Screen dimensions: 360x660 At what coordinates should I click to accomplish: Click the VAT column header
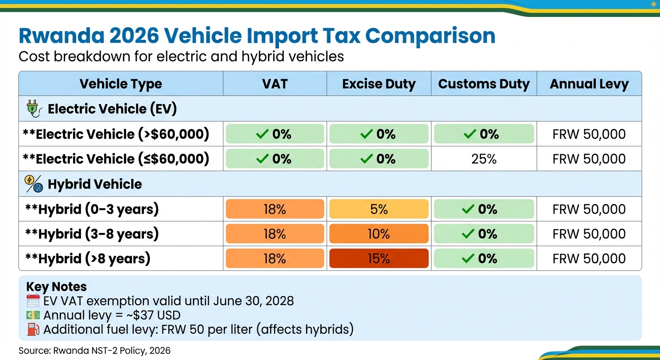275,84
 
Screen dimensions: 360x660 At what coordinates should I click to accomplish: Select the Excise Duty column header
379,84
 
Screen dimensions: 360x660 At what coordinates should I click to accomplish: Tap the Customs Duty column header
484,84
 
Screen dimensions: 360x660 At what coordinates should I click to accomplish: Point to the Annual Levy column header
589,84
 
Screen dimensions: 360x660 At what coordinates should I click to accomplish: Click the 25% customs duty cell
484,159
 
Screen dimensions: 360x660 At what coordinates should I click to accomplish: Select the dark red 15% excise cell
379,259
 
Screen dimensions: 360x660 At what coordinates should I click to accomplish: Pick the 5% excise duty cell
379,209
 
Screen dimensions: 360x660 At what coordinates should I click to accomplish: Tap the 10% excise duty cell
379,234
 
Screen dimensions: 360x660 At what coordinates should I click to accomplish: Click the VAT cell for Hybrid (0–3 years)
275,209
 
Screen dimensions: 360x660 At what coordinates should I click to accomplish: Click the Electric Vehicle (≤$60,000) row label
116,159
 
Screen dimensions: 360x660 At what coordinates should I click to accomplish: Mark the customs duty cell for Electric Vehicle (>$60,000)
484,134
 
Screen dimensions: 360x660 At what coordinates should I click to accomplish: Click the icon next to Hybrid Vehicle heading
33,184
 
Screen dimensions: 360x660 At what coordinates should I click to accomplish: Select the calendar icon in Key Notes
33,300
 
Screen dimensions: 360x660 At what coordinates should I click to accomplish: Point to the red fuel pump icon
33,330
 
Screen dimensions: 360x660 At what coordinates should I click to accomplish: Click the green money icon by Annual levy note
33,315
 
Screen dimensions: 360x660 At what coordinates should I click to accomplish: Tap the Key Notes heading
56,287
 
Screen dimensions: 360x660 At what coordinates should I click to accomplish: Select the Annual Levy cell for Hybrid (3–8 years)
589,234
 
